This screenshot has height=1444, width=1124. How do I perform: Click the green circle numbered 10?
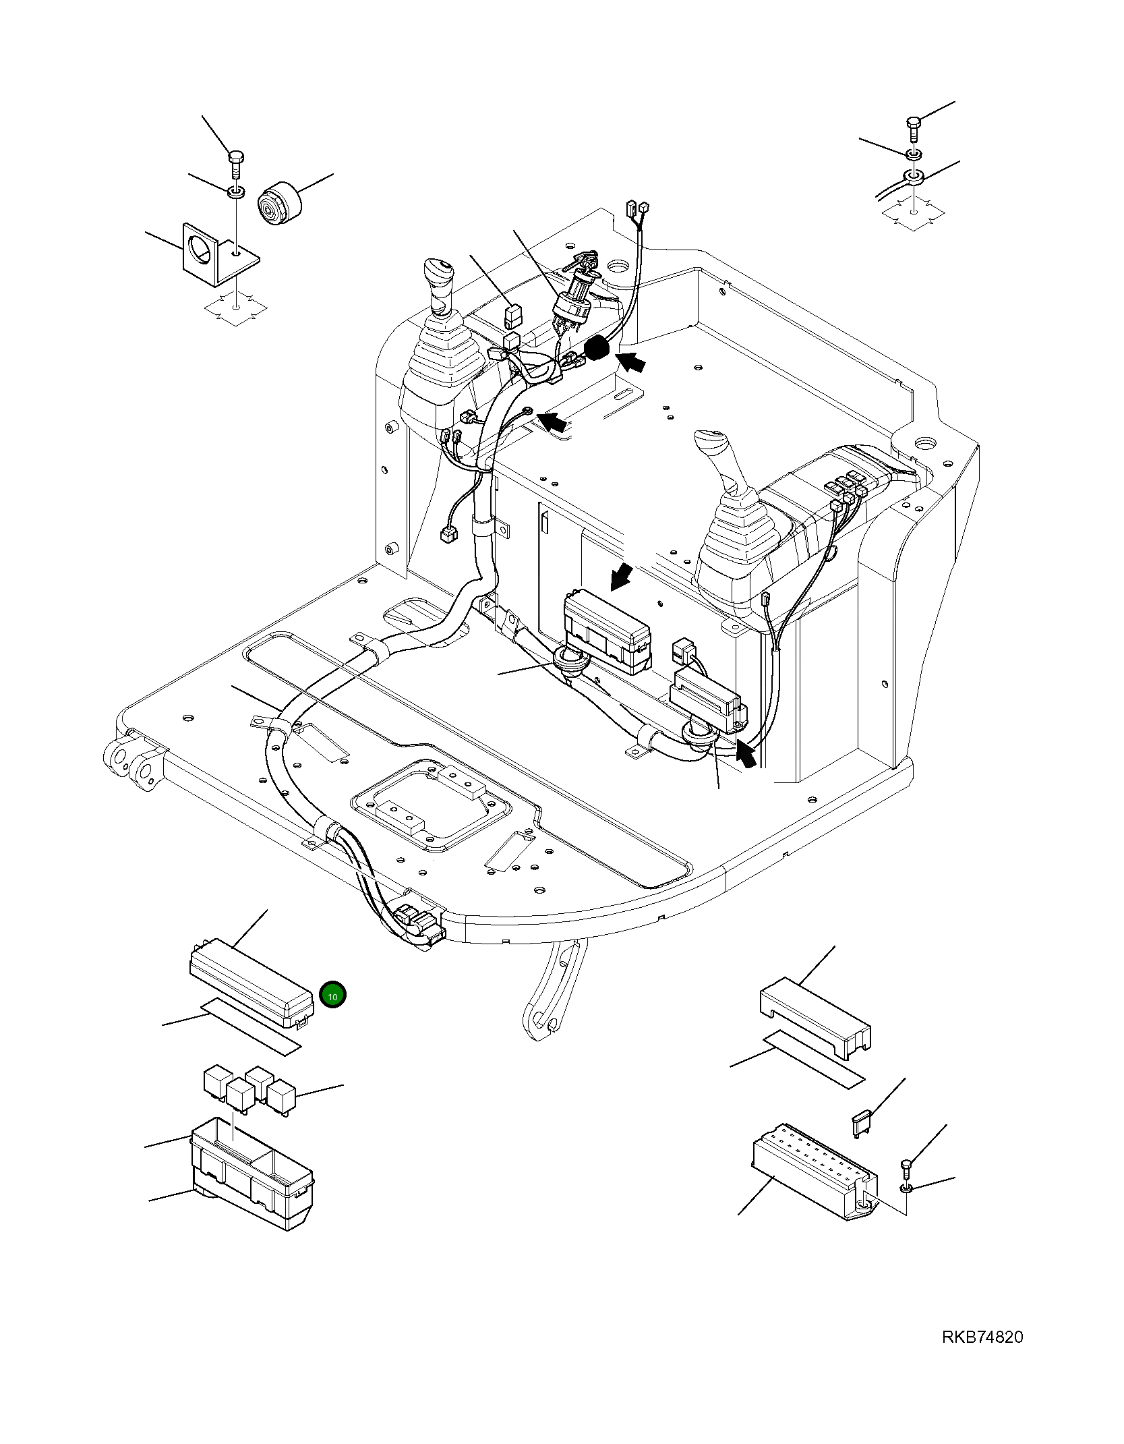click(x=332, y=994)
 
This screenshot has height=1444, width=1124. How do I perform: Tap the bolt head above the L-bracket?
click(x=235, y=159)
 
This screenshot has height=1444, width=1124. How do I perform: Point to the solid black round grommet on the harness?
click(x=597, y=349)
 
